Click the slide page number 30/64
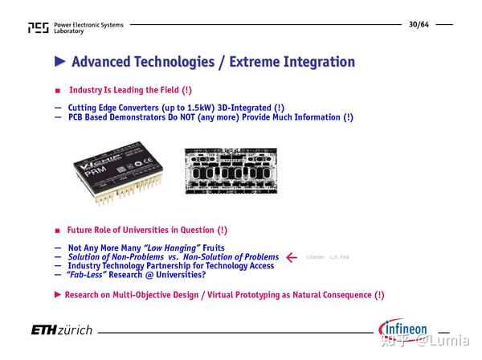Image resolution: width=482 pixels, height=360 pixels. (420, 23)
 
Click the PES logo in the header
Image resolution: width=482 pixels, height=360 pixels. (38, 28)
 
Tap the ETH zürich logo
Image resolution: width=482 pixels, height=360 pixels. (62, 331)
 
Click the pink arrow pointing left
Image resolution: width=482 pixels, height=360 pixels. (292, 257)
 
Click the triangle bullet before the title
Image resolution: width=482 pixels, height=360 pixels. (60, 62)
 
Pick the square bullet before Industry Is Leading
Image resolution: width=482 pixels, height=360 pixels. (57, 91)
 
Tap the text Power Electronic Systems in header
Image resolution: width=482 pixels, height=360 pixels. (88, 25)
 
